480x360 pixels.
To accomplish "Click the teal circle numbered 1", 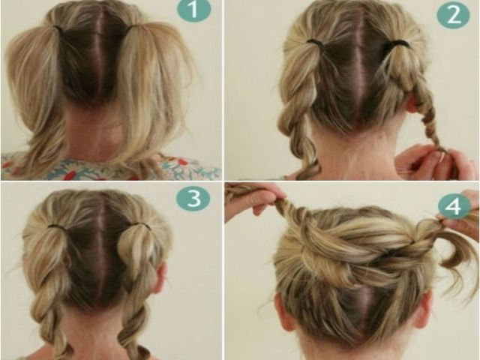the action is coord(193,10).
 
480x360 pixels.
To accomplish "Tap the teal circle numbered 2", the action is coord(453,15).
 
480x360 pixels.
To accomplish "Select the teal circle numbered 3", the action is coord(193,198).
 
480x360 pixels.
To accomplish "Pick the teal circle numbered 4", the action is coord(454,205).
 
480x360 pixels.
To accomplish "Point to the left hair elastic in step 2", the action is coord(316,42).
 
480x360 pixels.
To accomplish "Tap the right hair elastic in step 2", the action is coord(399,43).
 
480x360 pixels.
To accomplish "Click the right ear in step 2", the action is coord(411,108).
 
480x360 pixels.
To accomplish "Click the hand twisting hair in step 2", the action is coord(435,162).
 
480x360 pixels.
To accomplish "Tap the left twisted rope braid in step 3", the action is coord(50,294).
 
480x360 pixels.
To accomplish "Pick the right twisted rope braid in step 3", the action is coord(138,294).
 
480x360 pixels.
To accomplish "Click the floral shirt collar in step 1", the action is coord(110,168).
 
